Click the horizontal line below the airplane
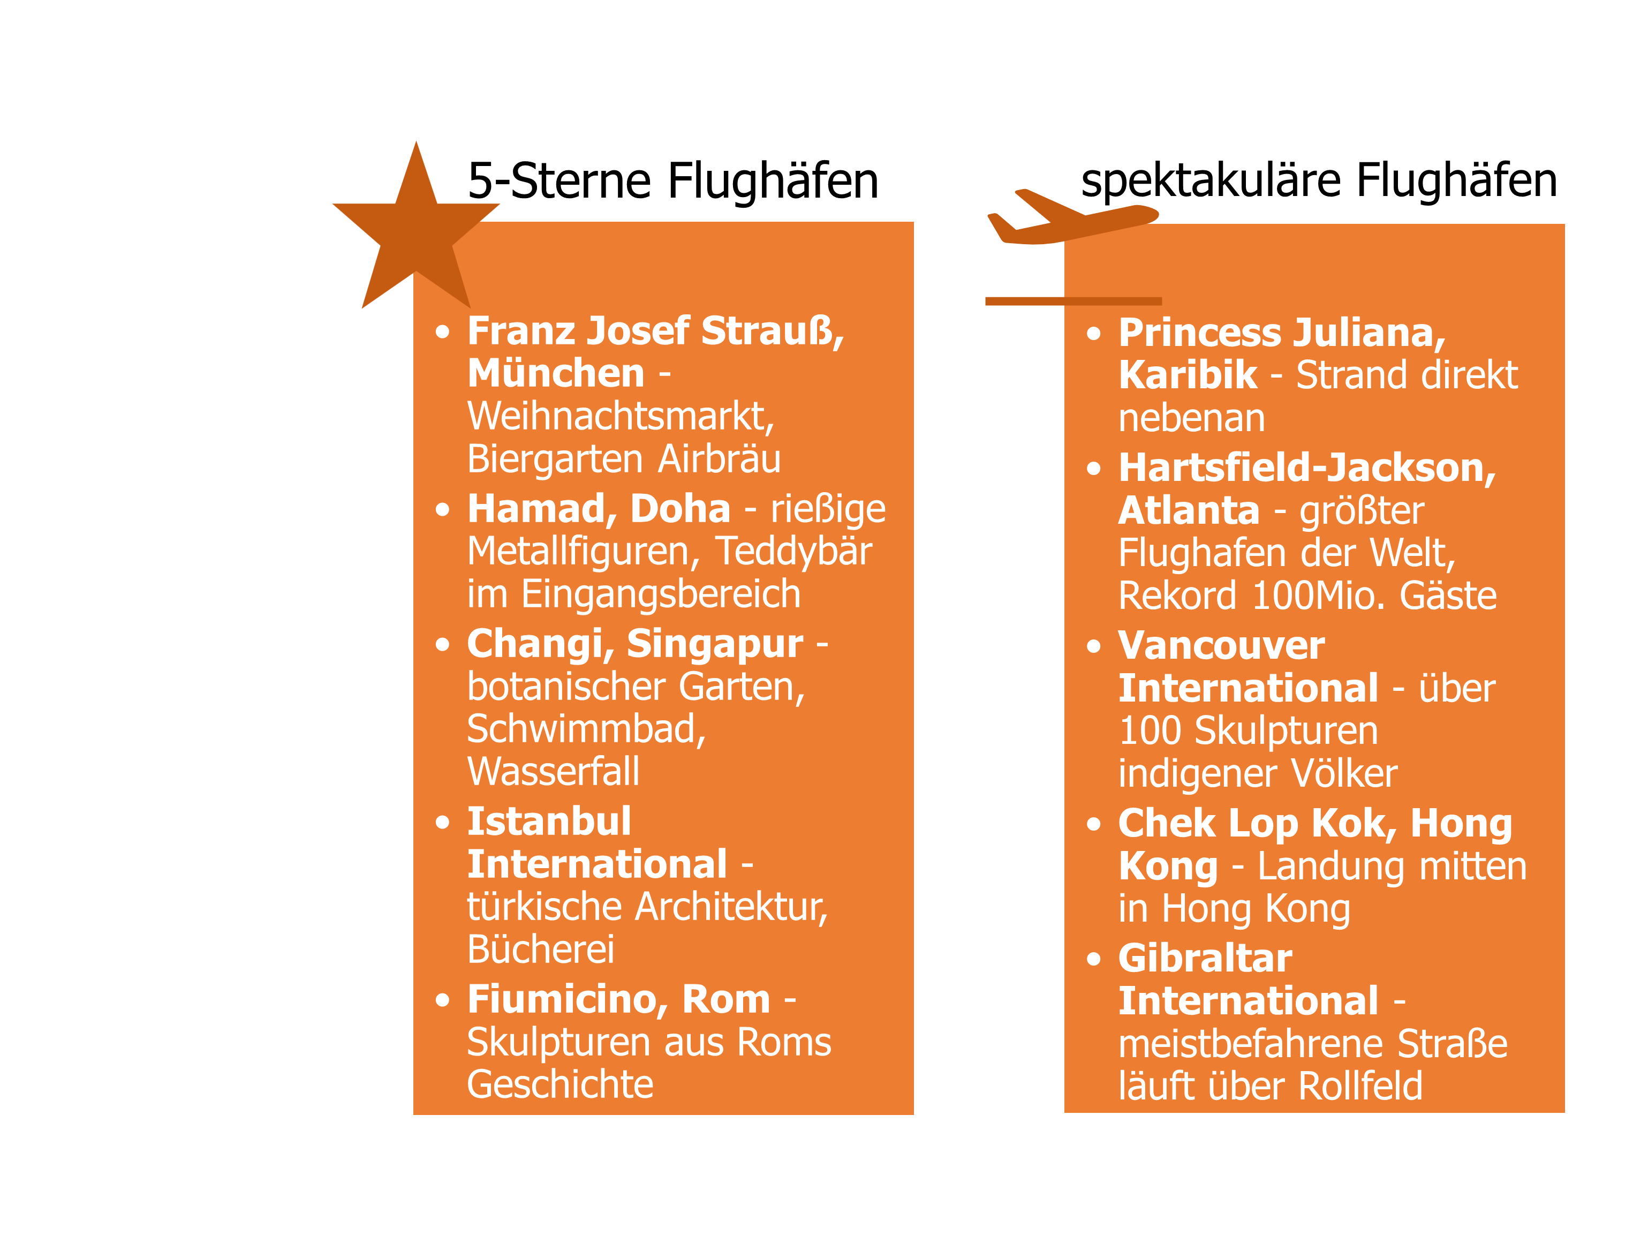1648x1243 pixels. (x=1074, y=301)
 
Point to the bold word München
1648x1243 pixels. (x=556, y=373)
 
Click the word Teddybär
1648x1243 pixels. (x=794, y=552)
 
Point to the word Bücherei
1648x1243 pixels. (x=541, y=950)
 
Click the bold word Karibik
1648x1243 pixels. (x=1188, y=375)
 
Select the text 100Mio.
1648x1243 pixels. (x=1319, y=596)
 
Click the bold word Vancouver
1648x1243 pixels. (x=1222, y=645)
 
